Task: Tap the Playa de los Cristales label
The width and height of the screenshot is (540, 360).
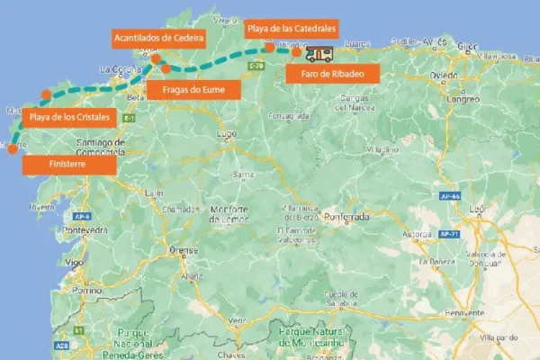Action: tap(70, 117)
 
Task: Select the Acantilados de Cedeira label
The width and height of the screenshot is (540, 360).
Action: tap(158, 38)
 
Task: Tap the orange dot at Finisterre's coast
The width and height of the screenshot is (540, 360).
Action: tap(12, 148)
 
